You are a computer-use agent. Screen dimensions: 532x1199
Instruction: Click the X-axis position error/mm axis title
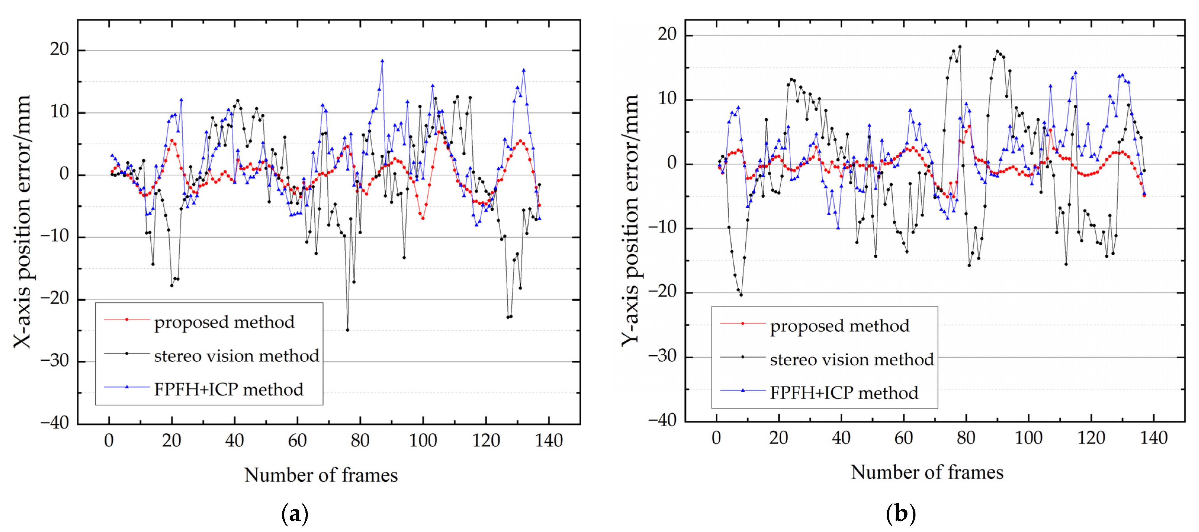coord(22,222)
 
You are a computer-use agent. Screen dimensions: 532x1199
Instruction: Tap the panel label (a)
coord(294,514)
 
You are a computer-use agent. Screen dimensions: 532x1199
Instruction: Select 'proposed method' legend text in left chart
coord(224,322)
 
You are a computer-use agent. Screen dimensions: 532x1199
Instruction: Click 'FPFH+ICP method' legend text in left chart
coord(228,389)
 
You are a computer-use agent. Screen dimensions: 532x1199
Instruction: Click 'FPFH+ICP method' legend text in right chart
coord(844,393)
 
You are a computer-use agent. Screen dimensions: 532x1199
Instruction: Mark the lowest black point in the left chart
coord(347,330)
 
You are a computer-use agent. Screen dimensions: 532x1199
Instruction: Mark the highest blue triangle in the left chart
coord(382,60)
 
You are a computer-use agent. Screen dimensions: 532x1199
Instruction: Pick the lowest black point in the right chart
coord(741,295)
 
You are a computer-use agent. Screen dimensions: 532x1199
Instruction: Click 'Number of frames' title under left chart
coord(321,475)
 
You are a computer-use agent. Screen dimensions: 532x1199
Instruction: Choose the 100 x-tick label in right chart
coord(1028,438)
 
